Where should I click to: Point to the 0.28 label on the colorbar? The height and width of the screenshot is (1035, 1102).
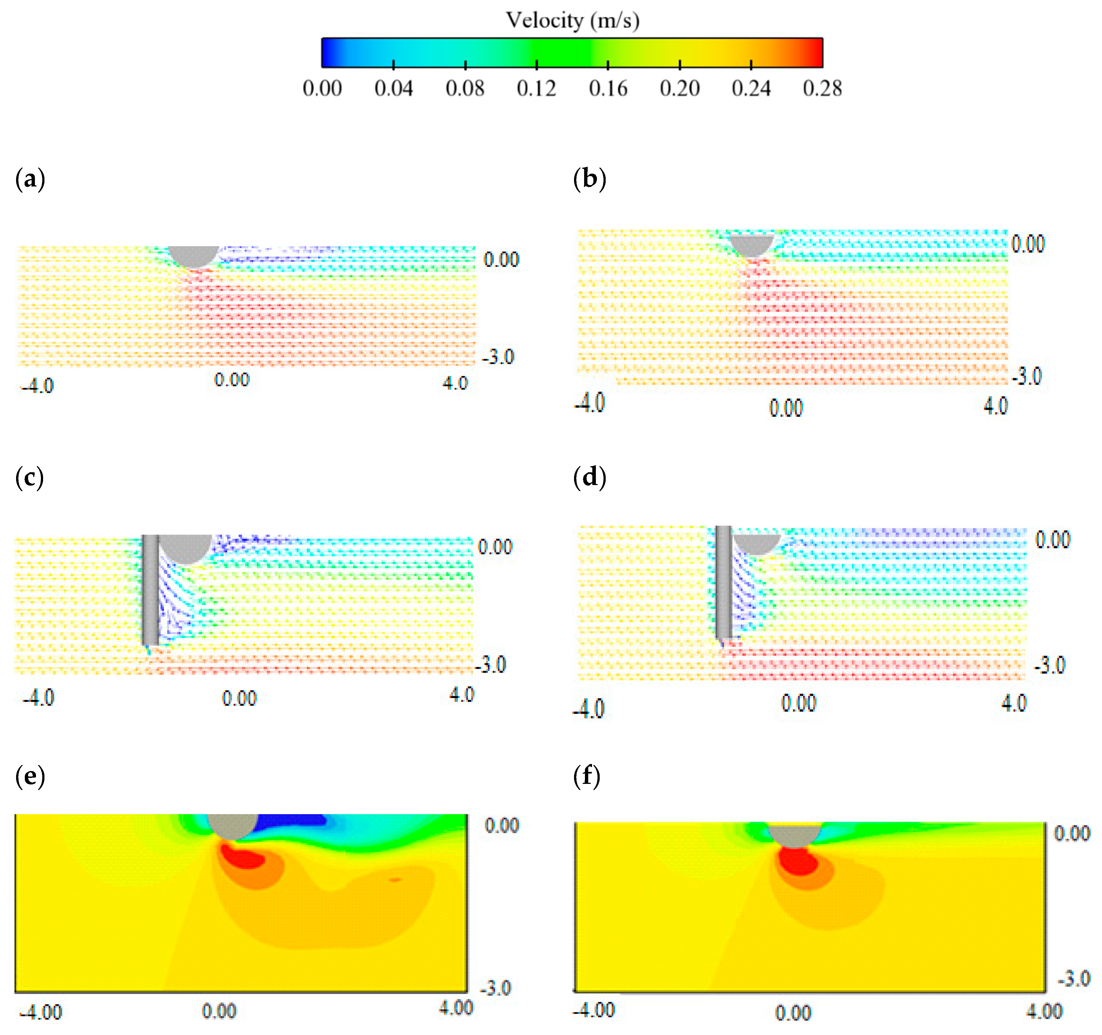click(x=822, y=88)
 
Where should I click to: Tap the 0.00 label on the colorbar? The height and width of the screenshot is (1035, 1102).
click(x=322, y=88)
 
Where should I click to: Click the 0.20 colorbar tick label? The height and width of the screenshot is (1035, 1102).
click(x=680, y=88)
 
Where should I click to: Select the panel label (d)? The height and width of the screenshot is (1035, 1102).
click(x=589, y=477)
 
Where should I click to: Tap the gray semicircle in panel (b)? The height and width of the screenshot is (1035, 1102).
click(x=751, y=244)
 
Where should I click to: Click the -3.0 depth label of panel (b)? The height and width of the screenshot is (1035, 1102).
click(x=1027, y=377)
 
